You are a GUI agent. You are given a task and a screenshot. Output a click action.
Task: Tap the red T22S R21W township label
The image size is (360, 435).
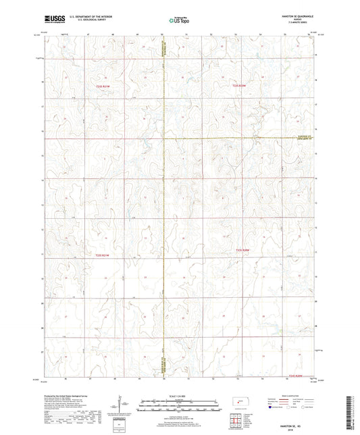coord(102,86)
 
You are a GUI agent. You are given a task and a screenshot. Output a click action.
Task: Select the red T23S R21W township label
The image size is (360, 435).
coord(101,255)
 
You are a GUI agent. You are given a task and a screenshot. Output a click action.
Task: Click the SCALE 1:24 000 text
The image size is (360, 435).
coord(179,395)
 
